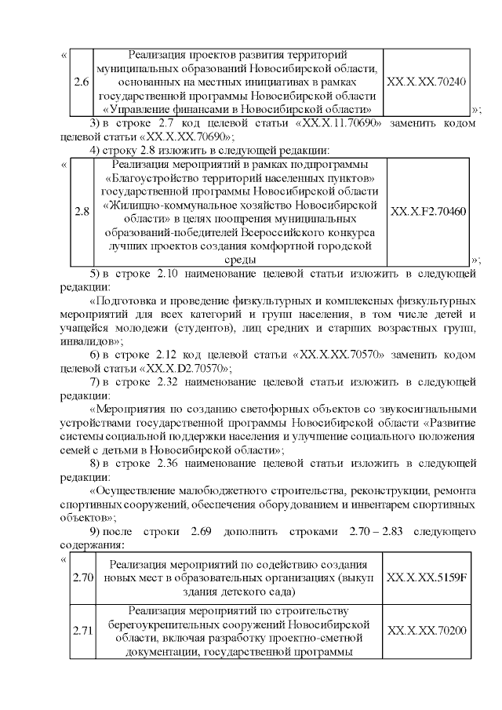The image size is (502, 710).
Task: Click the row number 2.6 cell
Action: click(x=80, y=82)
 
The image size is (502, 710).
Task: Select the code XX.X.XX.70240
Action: click(x=427, y=82)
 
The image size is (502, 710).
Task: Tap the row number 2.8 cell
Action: click(x=80, y=212)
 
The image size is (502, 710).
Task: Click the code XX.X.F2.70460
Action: click(x=427, y=212)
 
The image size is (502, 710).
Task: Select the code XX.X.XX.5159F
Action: click(x=427, y=578)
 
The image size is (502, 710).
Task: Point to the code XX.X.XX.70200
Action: click(x=427, y=630)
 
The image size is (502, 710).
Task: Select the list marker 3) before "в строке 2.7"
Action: click(x=93, y=123)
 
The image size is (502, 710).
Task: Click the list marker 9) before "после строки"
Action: click(x=93, y=533)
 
